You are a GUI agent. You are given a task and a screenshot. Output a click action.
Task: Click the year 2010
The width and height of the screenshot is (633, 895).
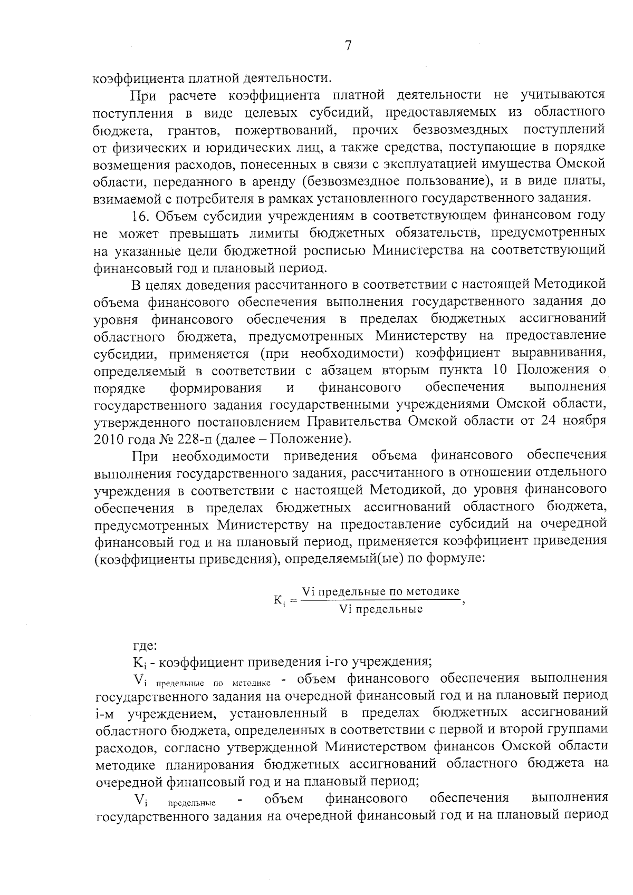tap(108, 439)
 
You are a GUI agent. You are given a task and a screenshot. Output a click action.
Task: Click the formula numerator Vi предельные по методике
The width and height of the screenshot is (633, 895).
tap(380, 591)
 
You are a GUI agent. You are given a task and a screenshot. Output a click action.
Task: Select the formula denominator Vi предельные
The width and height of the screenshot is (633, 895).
tap(381, 609)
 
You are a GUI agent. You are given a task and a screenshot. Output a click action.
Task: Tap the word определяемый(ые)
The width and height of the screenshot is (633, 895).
tap(342, 558)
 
